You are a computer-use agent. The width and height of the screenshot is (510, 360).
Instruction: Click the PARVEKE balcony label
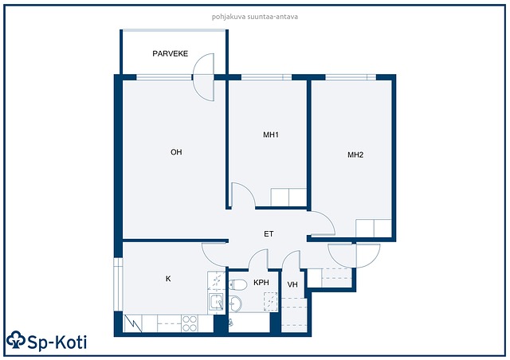pos(170,53)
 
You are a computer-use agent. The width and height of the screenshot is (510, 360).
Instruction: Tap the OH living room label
pos(176,152)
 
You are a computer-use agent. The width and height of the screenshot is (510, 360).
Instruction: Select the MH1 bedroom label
pos(271,135)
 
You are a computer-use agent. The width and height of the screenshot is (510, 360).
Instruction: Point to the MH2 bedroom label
pos(355,155)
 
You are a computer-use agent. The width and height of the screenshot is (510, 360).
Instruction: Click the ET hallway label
pos(269,234)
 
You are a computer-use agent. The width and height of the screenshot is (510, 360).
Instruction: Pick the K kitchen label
pos(168,279)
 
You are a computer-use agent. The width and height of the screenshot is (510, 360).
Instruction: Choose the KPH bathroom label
pos(261,283)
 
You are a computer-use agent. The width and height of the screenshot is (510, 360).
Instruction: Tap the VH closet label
pos(292,284)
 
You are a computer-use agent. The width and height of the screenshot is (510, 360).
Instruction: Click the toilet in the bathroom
pos(237,284)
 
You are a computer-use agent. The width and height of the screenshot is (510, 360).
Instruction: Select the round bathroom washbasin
pos(236,304)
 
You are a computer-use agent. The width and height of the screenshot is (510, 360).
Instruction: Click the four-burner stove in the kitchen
pos(190,323)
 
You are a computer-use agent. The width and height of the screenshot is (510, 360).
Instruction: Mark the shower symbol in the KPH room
pos(271,302)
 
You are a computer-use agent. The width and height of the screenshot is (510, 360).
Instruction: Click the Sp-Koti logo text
pos(57,342)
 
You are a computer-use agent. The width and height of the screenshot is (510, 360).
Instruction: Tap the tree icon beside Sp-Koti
pos(16,340)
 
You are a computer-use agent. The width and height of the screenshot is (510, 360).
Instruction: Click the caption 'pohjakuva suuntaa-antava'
pos(255,17)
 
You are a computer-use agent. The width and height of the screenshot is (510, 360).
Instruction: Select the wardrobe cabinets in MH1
pos(288,197)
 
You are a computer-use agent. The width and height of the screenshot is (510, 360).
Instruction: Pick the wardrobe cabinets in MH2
pos(374,228)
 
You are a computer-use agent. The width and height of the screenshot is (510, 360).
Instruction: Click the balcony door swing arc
pos(203,77)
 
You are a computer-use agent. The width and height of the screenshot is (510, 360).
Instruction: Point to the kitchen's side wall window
pos(118,284)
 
